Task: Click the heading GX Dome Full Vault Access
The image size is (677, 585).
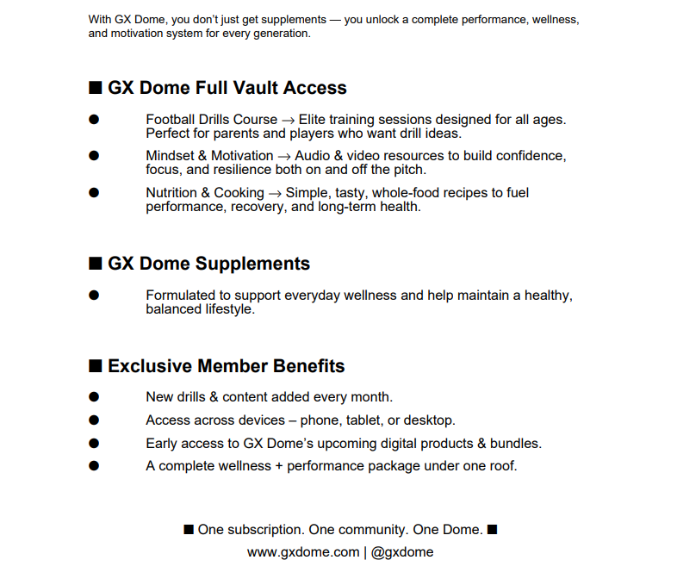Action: point(227,88)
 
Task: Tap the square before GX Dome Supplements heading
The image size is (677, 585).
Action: point(96,264)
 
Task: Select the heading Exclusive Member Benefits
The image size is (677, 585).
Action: point(226,366)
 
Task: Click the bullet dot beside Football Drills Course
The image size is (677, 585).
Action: point(94,120)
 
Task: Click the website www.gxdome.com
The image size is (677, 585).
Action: point(302,552)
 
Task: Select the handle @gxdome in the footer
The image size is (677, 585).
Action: point(402,552)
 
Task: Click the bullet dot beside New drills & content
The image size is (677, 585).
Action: point(94,397)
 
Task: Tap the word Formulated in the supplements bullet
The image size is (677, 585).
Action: point(180,296)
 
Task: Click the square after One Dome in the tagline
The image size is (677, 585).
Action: point(492,529)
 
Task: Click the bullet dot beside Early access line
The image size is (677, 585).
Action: point(94,444)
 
